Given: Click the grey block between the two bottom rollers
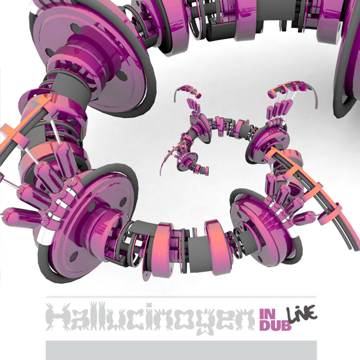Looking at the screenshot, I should pos(196,250).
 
